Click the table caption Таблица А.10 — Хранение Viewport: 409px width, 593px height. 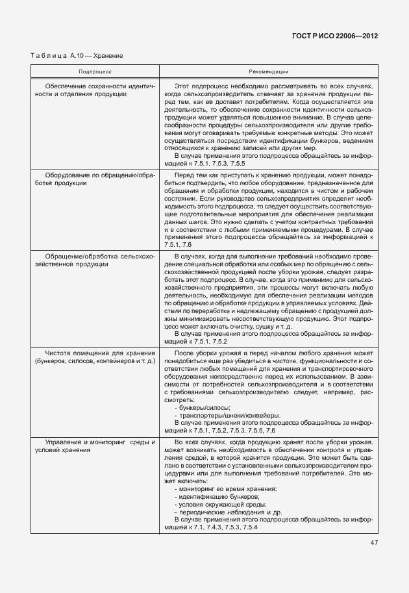point(77,56)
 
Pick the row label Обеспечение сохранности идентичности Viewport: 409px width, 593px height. point(95,90)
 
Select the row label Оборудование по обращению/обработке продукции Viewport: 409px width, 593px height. point(95,179)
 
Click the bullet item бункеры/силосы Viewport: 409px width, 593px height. point(203,407)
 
